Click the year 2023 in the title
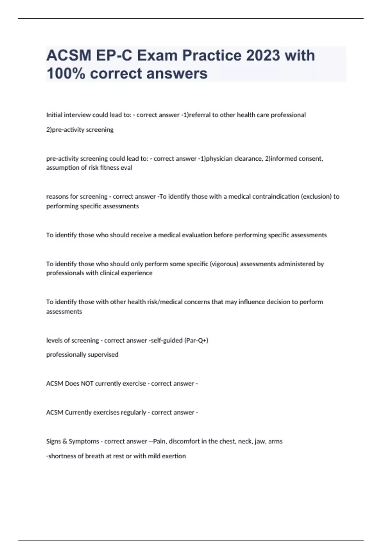tap(263, 55)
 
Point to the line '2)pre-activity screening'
tap(80, 130)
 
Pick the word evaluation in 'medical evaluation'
tap(197, 235)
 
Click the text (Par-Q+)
tap(196, 341)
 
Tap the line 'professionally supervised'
tap(82, 355)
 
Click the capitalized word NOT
tap(87, 384)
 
